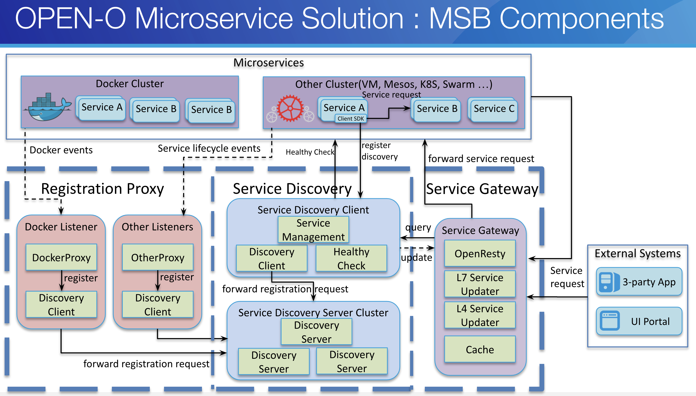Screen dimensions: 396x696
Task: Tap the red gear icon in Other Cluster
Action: pyautogui.click(x=290, y=108)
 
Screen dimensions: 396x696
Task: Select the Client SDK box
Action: pyautogui.click(x=351, y=119)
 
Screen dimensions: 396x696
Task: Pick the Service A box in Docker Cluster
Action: pyautogui.click(x=101, y=108)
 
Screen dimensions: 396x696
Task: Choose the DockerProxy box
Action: pyautogui.click(x=61, y=257)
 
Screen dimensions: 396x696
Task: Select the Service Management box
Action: pyautogui.click(x=313, y=230)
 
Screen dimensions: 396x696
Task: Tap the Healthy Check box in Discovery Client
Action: pyautogui.click(x=351, y=258)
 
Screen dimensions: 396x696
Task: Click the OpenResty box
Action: pyautogui.click(x=480, y=253)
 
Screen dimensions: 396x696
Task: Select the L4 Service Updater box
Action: pyautogui.click(x=480, y=315)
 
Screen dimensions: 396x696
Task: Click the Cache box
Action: pyautogui.click(x=480, y=349)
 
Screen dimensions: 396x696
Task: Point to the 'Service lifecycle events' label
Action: pyautogui.click(x=209, y=148)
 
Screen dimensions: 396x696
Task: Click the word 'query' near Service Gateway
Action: pyautogui.click(x=418, y=227)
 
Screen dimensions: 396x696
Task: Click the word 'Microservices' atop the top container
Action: pyautogui.click(x=269, y=63)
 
